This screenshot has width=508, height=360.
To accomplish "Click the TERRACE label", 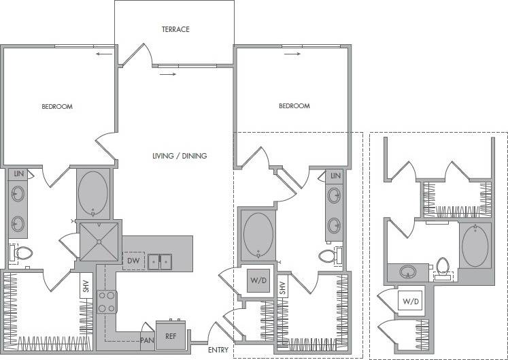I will (175, 29).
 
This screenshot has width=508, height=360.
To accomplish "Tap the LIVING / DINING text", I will (180, 156).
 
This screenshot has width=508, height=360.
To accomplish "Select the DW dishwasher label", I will (133, 260).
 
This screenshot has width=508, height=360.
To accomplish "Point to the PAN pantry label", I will (147, 340).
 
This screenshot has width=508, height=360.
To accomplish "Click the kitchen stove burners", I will (107, 301).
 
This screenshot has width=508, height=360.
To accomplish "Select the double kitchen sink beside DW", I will (161, 261).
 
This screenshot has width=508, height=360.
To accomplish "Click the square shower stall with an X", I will (99, 241).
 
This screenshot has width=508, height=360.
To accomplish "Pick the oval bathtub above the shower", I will (92, 193).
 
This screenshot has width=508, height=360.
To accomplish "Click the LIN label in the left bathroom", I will (19, 175).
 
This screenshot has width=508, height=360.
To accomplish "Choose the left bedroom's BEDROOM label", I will (57, 107).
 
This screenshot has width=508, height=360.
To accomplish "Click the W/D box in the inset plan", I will (411, 301).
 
